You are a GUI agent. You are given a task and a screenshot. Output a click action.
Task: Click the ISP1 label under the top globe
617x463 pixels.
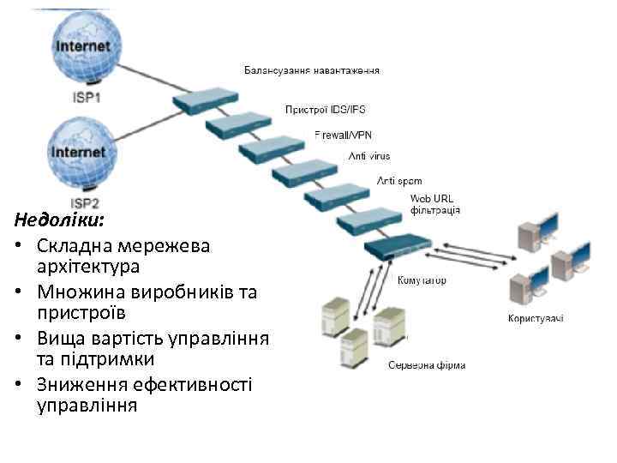85,98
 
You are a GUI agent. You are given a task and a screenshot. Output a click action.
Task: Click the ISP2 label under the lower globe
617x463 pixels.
85,202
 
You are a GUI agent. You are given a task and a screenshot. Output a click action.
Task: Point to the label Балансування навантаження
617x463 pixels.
312,69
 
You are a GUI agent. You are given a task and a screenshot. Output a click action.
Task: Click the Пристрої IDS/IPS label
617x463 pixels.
325,110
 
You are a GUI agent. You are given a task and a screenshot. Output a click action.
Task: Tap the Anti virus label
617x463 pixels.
368,156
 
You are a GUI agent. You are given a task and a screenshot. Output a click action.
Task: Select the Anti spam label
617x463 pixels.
398,181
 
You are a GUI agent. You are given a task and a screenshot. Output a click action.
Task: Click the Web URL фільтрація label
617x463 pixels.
435,204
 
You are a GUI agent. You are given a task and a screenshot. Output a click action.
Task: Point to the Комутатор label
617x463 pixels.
422,280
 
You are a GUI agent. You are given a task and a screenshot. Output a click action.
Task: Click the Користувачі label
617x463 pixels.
536,320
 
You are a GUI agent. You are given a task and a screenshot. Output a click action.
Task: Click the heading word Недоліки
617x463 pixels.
58,220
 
